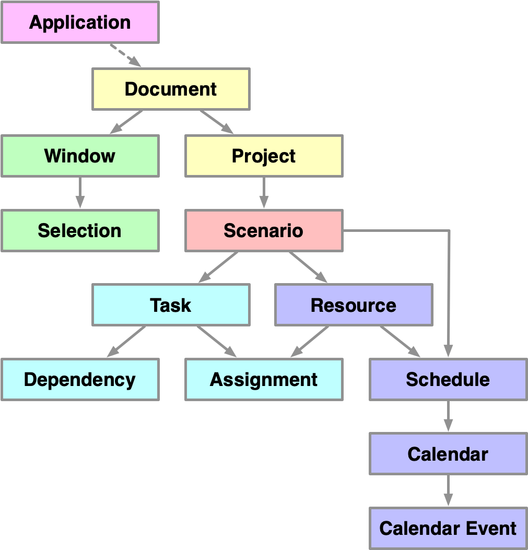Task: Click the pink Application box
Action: pos(80,22)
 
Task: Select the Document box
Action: pos(171,89)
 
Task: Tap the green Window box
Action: pos(80,156)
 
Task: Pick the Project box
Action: pos(264,156)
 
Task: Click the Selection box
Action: pos(80,230)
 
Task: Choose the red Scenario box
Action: pos(264,230)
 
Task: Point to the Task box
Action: pos(171,305)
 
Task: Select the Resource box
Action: pos(354,305)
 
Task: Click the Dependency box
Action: pos(80,380)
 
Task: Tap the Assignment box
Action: pos(264,380)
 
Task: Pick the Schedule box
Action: pos(448,380)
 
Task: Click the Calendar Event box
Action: pos(448,528)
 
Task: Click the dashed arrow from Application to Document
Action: pos(125,55)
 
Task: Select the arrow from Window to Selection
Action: pos(80,193)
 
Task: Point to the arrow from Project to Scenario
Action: pos(264,193)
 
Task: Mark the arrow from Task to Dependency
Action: pos(126,342)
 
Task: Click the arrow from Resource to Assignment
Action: pos(310,342)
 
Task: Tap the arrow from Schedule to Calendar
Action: pos(448,416)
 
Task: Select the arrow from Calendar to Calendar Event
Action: pos(448,490)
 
